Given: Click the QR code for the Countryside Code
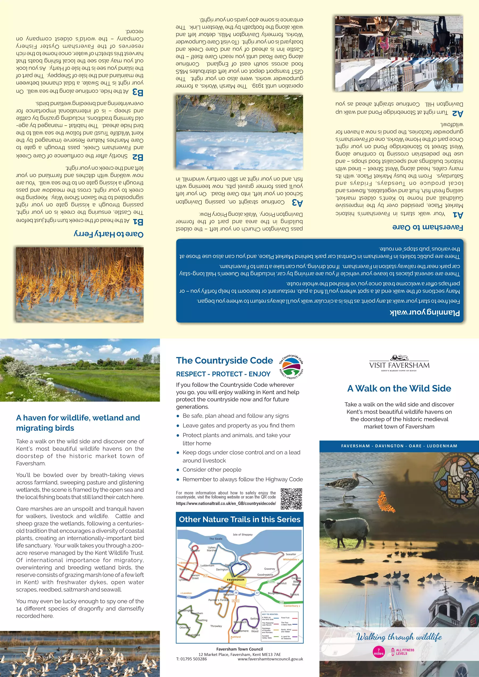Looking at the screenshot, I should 291,499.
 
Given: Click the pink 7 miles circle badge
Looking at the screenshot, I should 379,651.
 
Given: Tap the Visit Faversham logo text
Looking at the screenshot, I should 399,365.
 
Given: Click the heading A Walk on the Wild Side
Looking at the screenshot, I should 399,388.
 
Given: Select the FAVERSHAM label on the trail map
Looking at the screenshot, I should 236,580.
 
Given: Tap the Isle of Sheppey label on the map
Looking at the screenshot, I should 243,534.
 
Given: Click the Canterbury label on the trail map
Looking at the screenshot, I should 292,606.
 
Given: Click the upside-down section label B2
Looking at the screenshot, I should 138,157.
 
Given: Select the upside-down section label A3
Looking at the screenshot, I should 297,203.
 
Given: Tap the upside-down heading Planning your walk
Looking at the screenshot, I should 425,312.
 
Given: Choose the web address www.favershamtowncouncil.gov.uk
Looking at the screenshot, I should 270,659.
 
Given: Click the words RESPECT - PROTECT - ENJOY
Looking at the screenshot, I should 223,374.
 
